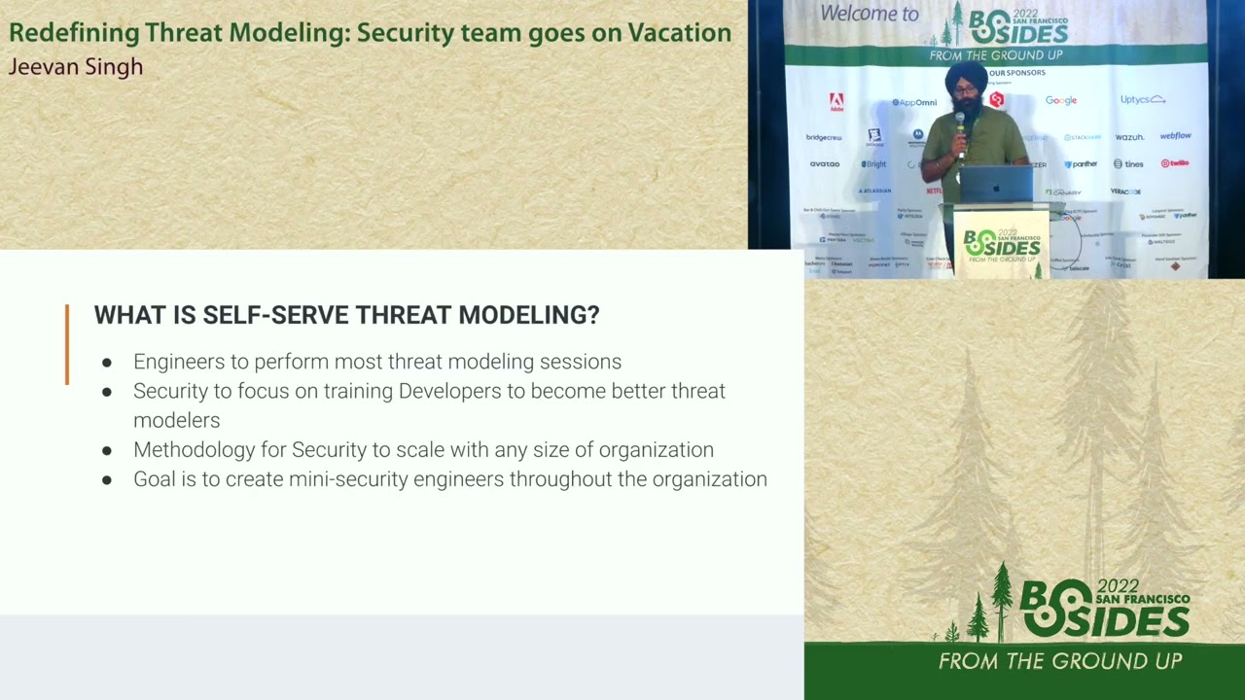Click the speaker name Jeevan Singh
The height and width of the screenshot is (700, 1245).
76,67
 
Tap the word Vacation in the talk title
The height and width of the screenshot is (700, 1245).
679,32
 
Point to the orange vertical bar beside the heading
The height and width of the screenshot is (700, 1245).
67,344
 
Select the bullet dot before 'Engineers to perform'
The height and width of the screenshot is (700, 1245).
107,363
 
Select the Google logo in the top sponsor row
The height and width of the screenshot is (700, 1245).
1061,100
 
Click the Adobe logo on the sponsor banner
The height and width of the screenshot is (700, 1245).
836,101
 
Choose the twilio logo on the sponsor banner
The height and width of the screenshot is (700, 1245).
1175,163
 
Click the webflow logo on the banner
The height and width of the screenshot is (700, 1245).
1175,136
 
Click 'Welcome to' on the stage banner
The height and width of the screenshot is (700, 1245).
869,14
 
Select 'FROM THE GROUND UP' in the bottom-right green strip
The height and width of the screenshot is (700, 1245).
1059,661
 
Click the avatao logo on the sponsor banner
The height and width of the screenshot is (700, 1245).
824,163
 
